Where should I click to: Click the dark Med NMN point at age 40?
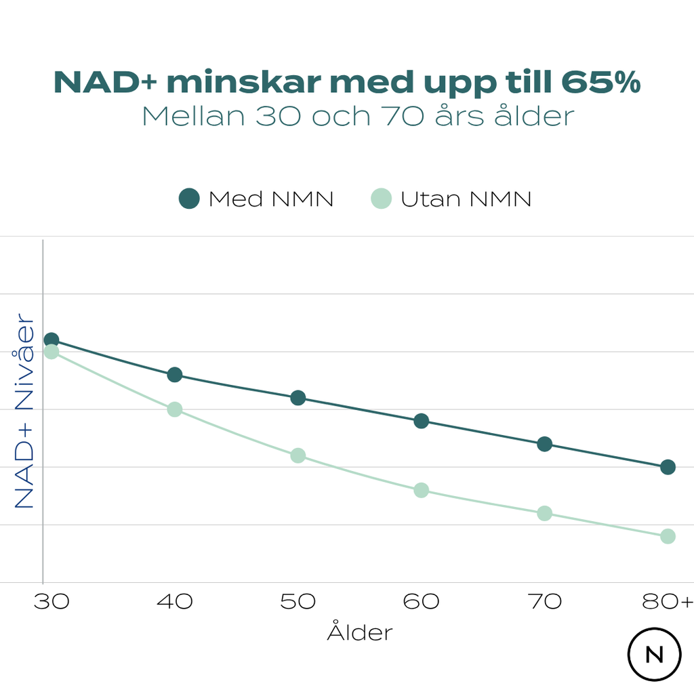pyautogui.click(x=175, y=375)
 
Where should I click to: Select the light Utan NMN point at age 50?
pyautogui.click(x=298, y=455)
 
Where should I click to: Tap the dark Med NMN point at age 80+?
pyautogui.click(x=668, y=467)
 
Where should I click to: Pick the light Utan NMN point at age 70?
pyautogui.click(x=544, y=513)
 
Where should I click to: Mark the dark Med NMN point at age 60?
pyautogui.click(x=421, y=421)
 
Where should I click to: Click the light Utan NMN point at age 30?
pyautogui.click(x=52, y=352)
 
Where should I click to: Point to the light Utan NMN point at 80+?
pyautogui.click(x=668, y=536)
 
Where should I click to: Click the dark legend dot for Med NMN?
pyautogui.click(x=189, y=199)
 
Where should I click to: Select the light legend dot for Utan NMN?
pyautogui.click(x=382, y=199)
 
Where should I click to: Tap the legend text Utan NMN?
pyautogui.click(x=466, y=199)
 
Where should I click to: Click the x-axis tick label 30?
pyautogui.click(x=52, y=601)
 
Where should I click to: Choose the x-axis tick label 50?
pyautogui.click(x=298, y=601)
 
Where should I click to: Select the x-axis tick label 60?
pyautogui.click(x=421, y=601)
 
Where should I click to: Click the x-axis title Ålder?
pyautogui.click(x=360, y=632)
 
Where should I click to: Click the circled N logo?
pyautogui.click(x=654, y=655)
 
